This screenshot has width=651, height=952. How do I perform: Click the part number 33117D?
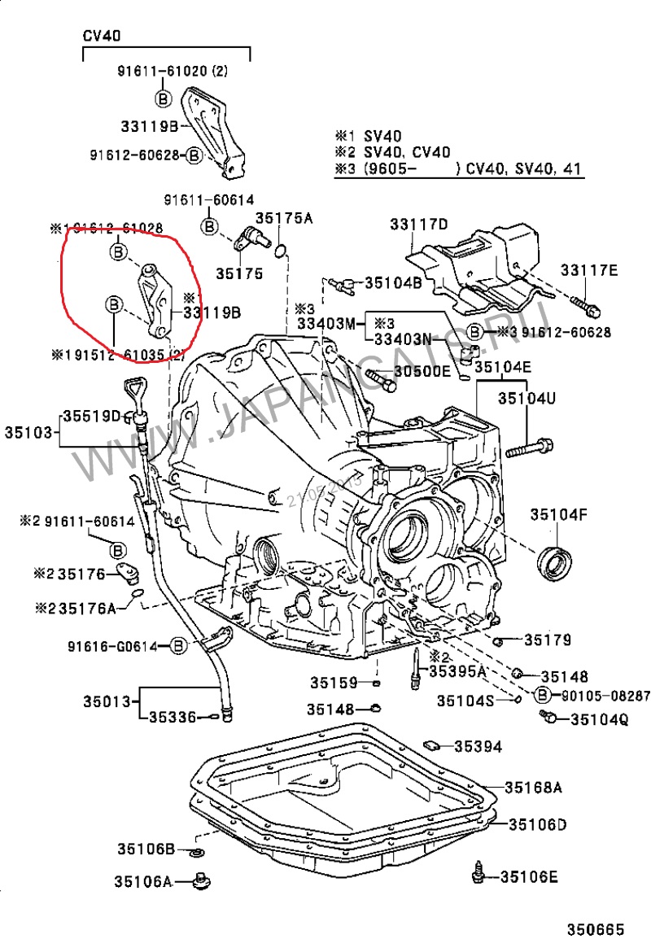coord(418,225)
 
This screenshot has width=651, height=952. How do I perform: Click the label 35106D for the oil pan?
coord(537,825)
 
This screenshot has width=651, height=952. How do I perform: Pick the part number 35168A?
coord(533,788)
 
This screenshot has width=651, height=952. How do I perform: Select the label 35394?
coord(478,746)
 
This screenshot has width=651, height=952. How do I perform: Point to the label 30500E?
coord(422,372)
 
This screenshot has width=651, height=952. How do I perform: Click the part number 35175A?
coord(285,218)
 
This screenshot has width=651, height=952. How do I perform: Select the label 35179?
coord(547,640)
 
